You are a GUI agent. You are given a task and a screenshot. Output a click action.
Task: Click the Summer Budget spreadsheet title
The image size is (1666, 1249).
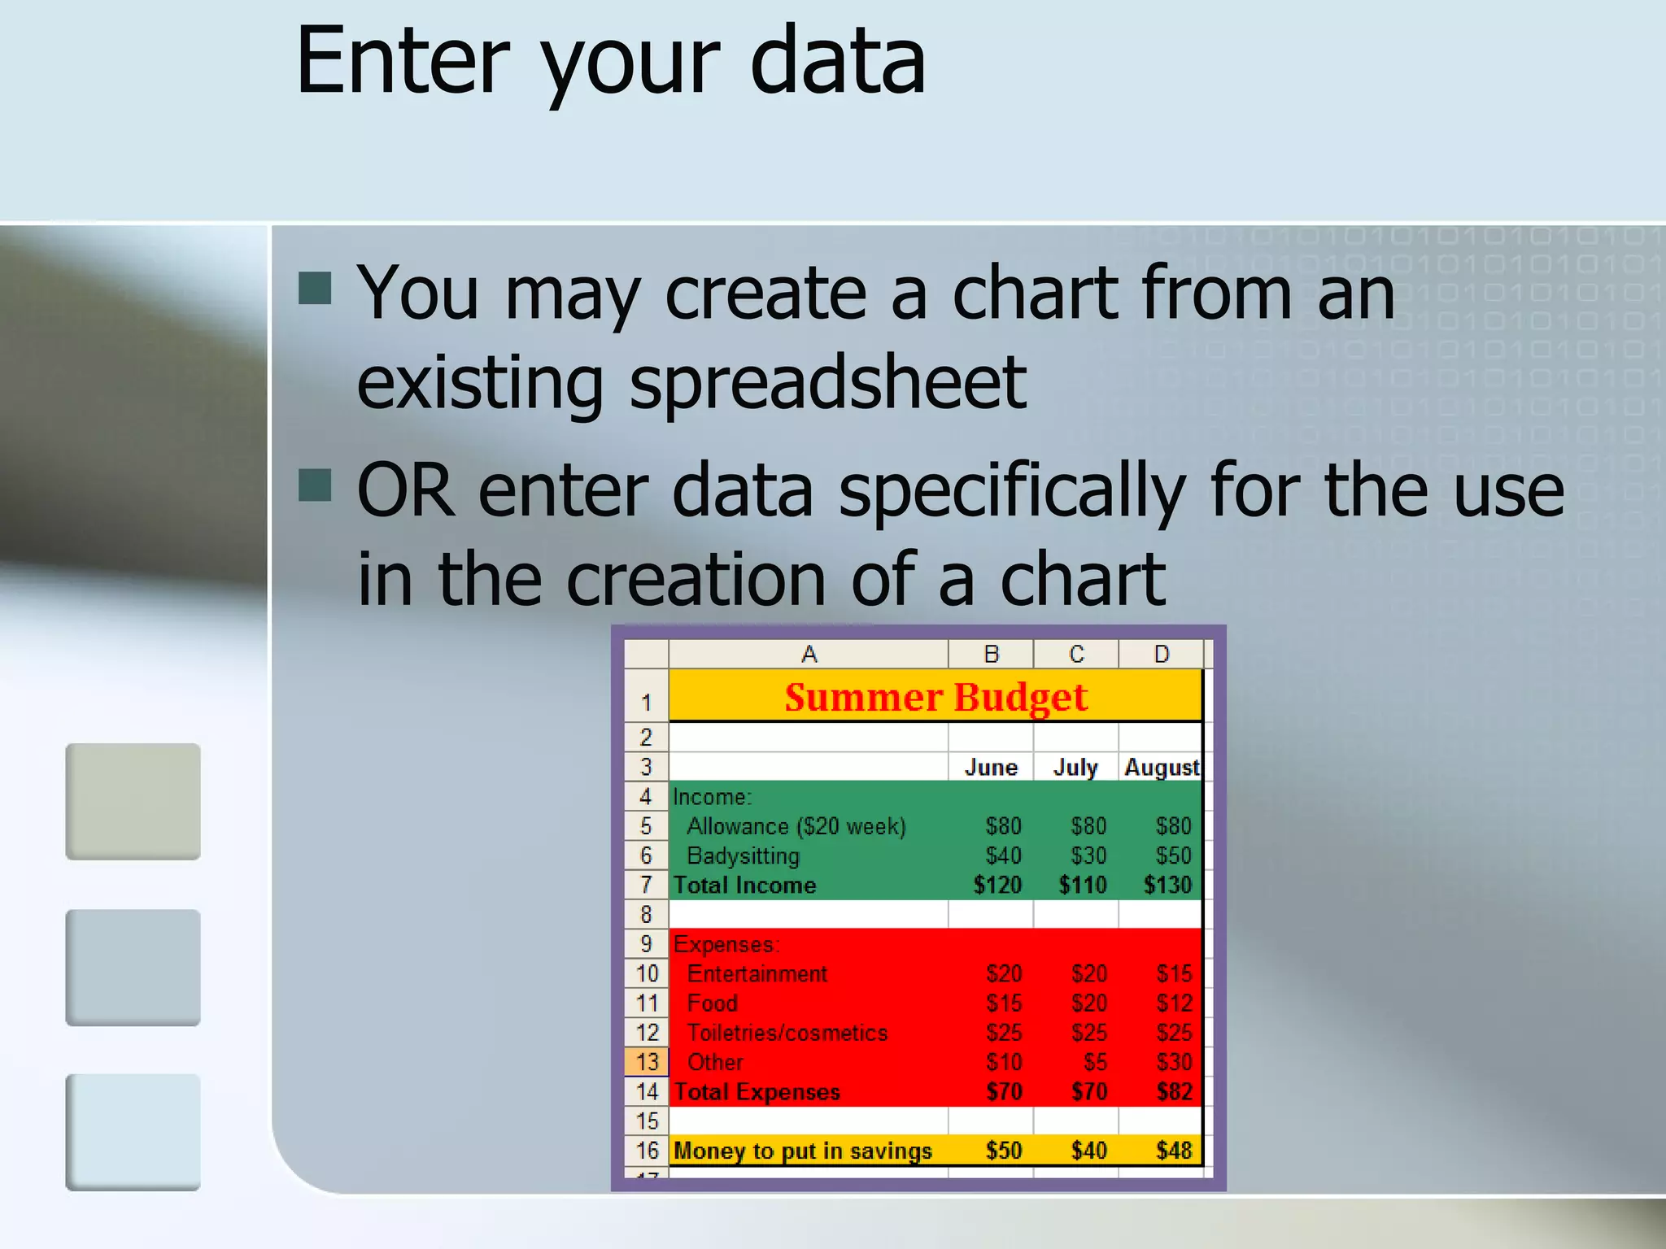pos(935,698)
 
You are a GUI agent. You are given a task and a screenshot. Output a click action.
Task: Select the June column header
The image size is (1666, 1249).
pos(991,767)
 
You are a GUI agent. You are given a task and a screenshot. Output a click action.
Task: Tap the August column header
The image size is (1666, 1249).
pos(1161,767)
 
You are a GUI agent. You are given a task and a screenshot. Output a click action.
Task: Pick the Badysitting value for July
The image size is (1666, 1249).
pos(1088,855)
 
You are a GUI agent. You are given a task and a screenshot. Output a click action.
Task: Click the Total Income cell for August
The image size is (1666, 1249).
pos(1167,885)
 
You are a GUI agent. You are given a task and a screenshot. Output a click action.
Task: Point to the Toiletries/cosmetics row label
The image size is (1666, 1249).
pos(787,1033)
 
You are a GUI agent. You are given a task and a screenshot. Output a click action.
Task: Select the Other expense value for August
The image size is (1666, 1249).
pos(1174,1062)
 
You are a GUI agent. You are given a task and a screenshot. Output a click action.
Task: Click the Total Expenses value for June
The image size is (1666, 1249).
pos(1004,1091)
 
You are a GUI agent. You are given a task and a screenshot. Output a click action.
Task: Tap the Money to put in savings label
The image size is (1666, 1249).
pos(802,1151)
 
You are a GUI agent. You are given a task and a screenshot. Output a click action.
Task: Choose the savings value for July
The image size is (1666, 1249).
pos(1088,1151)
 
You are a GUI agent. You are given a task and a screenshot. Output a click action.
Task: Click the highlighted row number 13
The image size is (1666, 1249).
pos(647,1062)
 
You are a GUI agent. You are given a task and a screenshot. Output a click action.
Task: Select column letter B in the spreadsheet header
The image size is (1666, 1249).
pos(991,654)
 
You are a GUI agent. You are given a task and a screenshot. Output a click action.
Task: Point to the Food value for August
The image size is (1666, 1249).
pos(1174,1003)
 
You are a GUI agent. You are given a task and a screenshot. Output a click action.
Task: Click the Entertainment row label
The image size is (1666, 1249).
pos(757,973)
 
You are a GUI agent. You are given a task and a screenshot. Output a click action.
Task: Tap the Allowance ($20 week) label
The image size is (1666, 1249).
pos(796,826)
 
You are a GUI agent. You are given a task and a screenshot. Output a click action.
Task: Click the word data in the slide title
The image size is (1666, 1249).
pos(837,61)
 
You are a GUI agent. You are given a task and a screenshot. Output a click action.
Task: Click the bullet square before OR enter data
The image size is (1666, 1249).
pos(315,485)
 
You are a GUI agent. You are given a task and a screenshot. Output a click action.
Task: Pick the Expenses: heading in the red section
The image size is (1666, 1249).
pos(726,944)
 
